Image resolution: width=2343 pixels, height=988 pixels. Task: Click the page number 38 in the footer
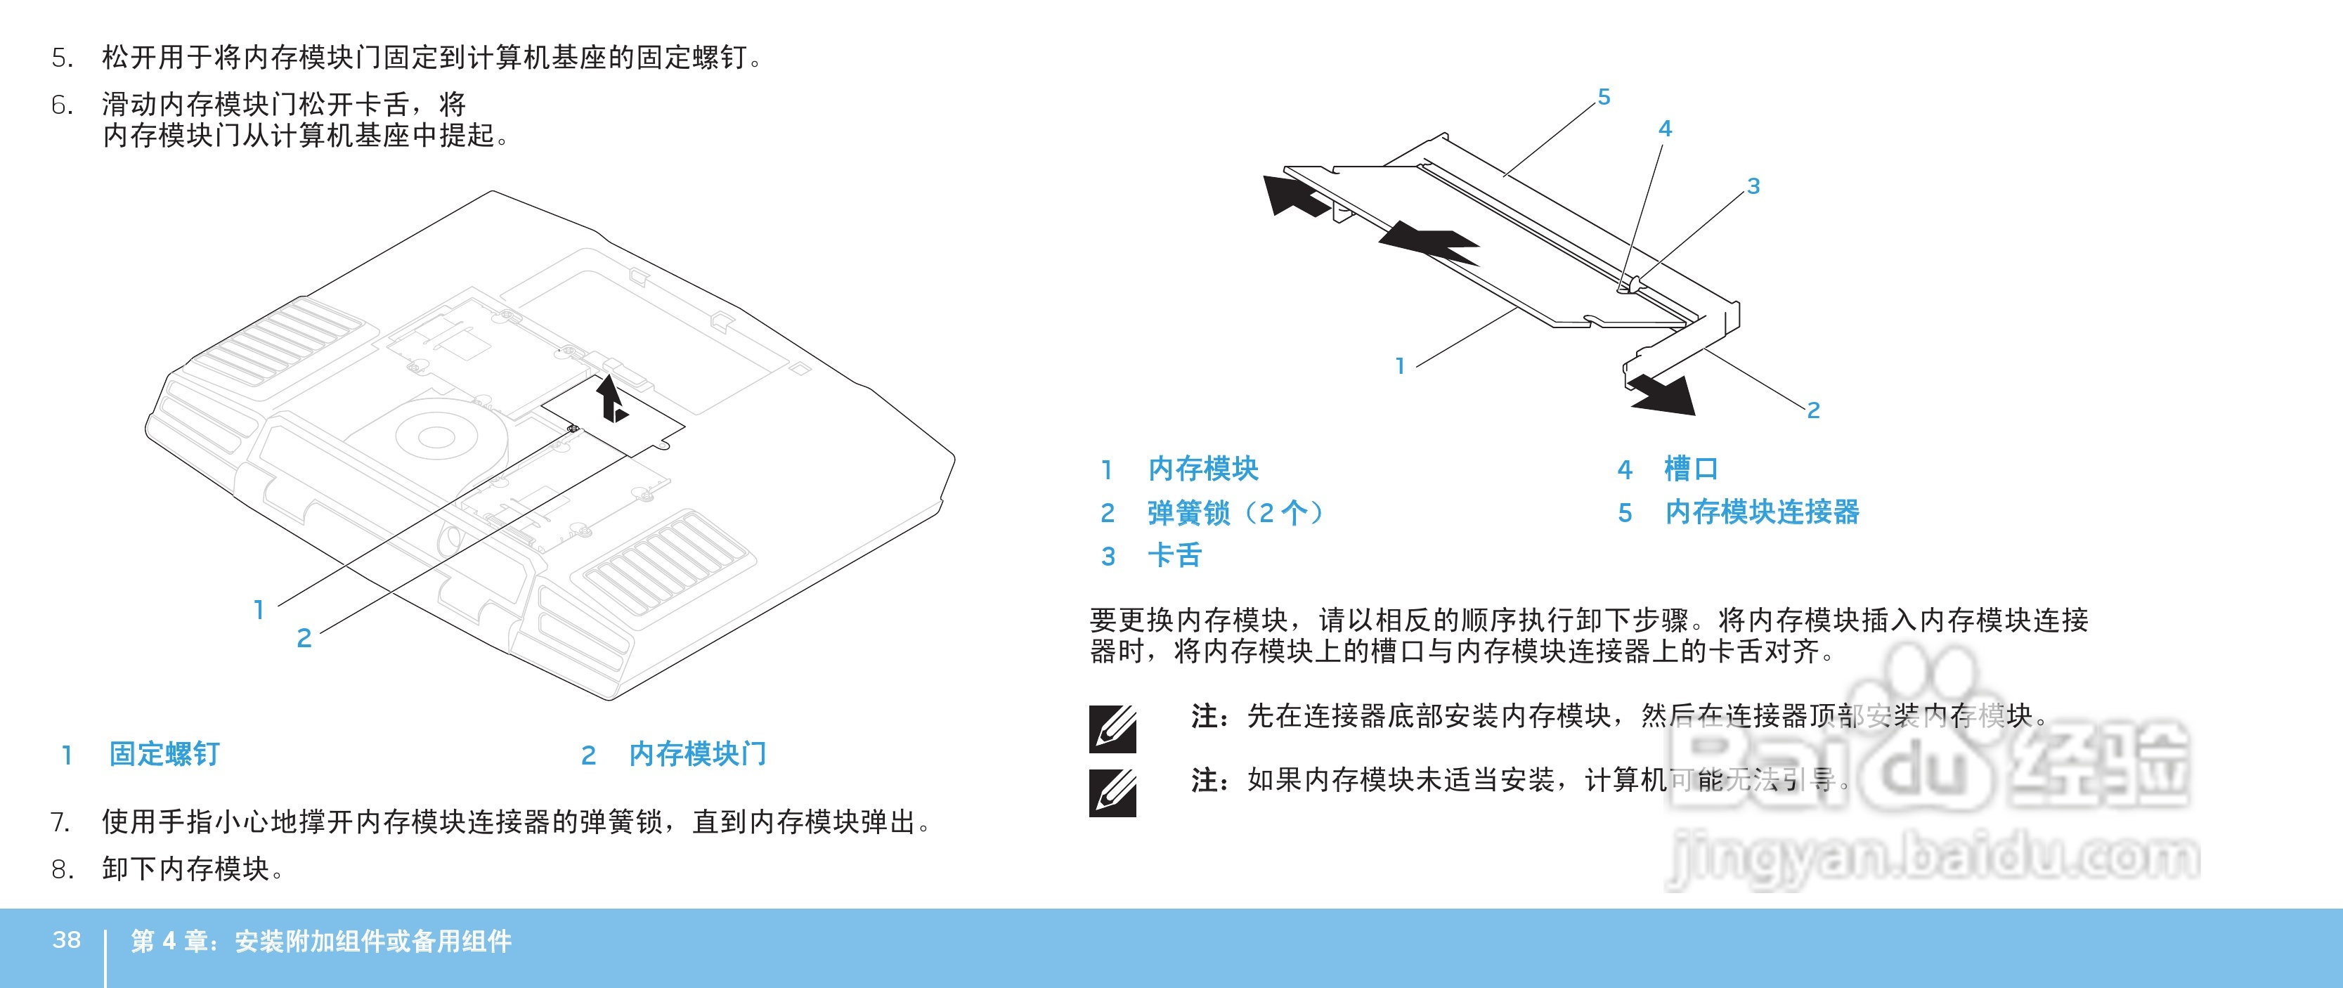tap(66, 939)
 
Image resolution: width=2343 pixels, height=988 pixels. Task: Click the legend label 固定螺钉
tap(164, 753)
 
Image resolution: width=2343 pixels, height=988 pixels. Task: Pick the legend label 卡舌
tap(1174, 555)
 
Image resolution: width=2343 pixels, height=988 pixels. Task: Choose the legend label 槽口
tap(1690, 469)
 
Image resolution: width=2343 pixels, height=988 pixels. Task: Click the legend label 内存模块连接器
tap(1762, 512)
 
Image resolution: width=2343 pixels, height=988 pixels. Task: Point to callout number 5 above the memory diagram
tap(1604, 96)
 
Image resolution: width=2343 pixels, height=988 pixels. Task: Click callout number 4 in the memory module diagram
tap(1664, 129)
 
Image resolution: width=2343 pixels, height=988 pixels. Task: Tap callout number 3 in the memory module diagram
tap(1753, 186)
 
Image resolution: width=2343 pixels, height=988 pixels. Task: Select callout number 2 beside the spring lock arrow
tap(1812, 410)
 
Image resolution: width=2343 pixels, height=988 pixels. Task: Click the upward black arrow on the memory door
tap(612, 398)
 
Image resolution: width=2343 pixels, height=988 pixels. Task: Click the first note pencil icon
tap(1112, 729)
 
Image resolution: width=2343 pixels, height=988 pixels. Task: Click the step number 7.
tap(60, 822)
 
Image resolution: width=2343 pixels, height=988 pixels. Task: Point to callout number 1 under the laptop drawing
tap(259, 609)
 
